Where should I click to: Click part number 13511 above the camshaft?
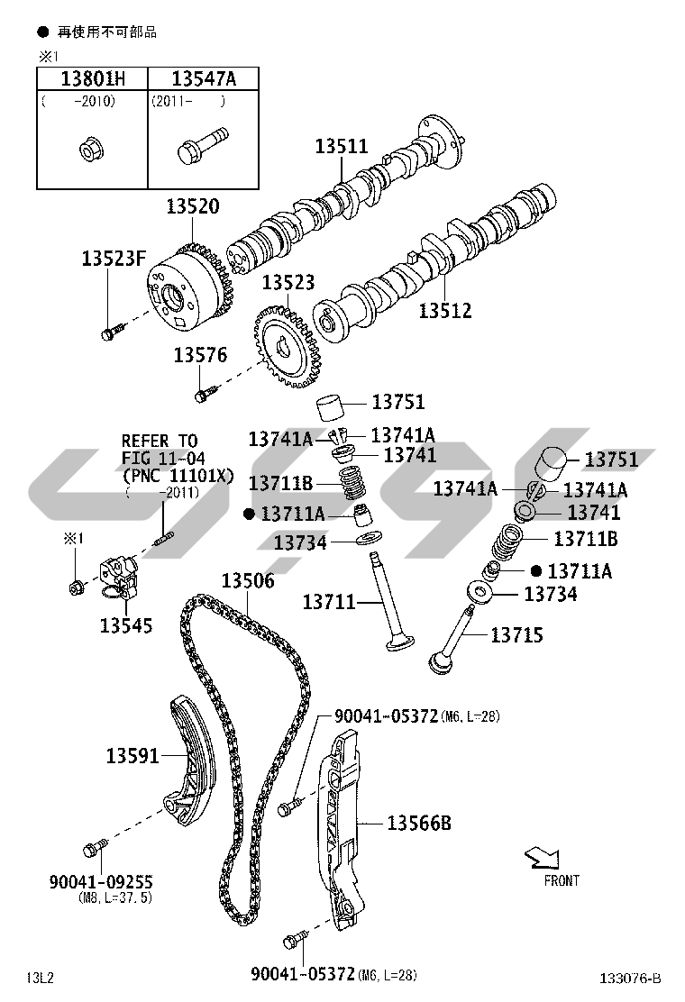tap(342, 147)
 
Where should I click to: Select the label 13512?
tap(445, 311)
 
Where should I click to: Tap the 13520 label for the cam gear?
tap(192, 207)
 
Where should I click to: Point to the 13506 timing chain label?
tap(248, 582)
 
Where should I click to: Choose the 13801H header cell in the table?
tap(92, 78)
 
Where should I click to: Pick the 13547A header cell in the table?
tap(204, 78)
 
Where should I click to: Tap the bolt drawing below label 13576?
tap(206, 393)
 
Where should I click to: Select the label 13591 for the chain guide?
tap(132, 756)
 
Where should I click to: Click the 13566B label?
tap(419, 823)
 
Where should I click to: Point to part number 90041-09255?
tap(101, 882)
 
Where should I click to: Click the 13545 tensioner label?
tap(126, 624)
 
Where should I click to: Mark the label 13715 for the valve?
tap(516, 635)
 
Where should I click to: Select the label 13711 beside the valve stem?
tap(329, 601)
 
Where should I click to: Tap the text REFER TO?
tap(159, 441)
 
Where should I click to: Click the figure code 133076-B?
tap(631, 979)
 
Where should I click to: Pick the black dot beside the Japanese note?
tap(41, 32)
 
